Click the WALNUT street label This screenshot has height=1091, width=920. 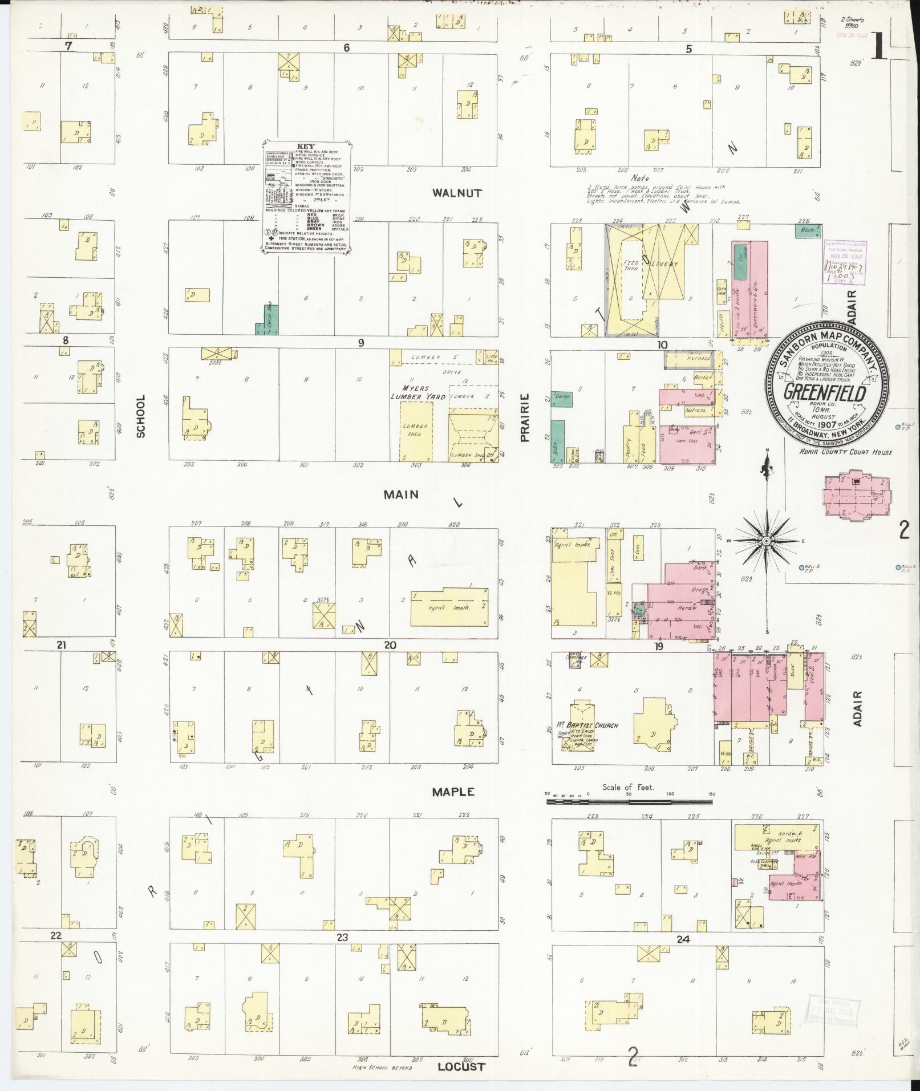click(456, 193)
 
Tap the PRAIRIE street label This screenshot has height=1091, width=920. click(525, 417)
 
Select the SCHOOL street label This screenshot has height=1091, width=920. click(141, 416)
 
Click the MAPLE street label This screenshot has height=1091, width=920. click(452, 792)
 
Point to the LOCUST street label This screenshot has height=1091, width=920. click(461, 1066)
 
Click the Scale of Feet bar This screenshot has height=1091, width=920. click(629, 801)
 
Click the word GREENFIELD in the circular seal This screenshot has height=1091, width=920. click(825, 393)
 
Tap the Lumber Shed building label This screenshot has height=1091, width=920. click(415, 429)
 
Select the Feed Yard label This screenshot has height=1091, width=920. click(631, 265)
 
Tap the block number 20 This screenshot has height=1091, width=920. click(390, 645)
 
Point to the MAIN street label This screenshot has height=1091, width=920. click(401, 494)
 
